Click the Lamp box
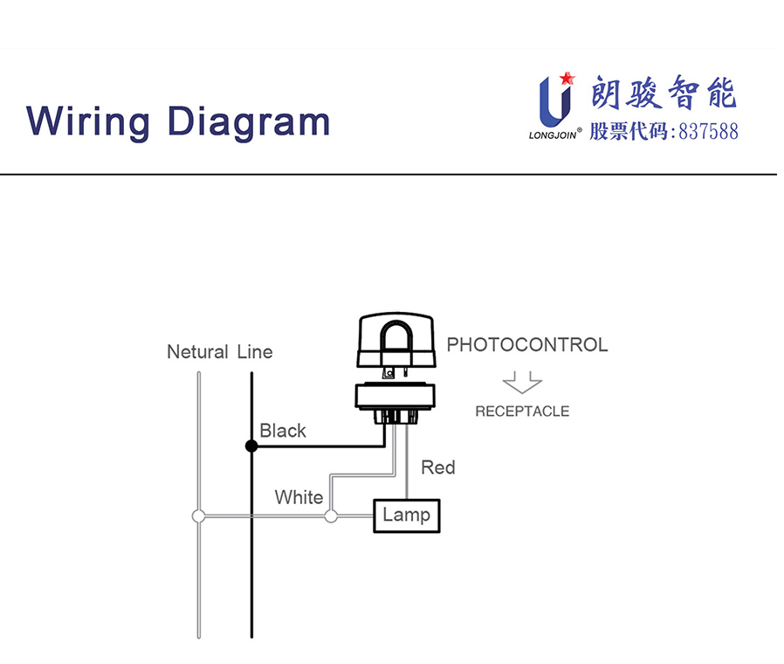click(x=406, y=515)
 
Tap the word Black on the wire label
click(x=283, y=431)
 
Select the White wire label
click(x=299, y=497)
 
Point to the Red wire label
click(x=437, y=467)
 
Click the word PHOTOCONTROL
click(x=526, y=344)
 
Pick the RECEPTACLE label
click(x=522, y=411)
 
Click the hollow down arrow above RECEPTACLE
click(x=522, y=384)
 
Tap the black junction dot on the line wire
click(x=251, y=446)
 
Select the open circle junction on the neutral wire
click(x=198, y=516)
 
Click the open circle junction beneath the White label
click(x=331, y=516)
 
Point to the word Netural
click(x=197, y=352)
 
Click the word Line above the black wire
click(x=255, y=352)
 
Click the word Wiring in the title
click(x=88, y=121)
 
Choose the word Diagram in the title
click(x=249, y=121)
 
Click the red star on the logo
click(x=567, y=78)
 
